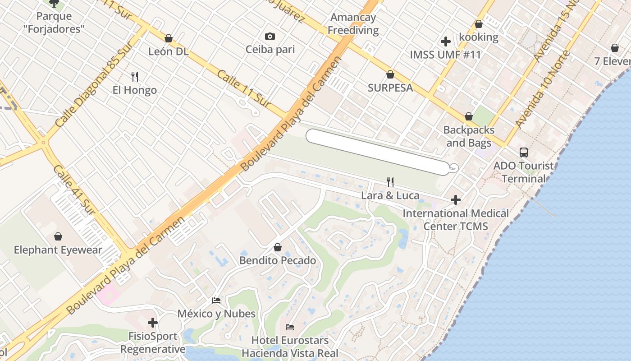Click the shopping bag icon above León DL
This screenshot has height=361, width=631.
(169, 38)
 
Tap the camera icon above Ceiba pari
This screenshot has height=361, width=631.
(270, 36)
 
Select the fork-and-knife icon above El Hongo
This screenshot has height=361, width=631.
(134, 76)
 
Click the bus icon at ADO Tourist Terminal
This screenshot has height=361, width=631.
(524, 153)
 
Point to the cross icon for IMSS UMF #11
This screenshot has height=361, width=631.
(446, 42)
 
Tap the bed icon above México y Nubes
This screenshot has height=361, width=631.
(216, 301)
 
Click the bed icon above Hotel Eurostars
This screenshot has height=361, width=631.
(290, 327)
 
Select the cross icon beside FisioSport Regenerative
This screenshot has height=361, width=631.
(153, 323)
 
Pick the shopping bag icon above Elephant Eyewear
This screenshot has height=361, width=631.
(58, 236)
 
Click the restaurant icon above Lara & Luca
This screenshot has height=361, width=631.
(390, 182)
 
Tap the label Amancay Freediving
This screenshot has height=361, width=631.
(353, 24)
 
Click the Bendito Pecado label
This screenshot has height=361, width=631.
(278, 260)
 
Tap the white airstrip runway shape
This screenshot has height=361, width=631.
(378, 152)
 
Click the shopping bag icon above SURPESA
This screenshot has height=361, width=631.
(390, 74)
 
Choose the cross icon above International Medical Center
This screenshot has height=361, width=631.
(456, 199)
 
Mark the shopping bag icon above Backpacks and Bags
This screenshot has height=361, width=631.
(469, 116)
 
